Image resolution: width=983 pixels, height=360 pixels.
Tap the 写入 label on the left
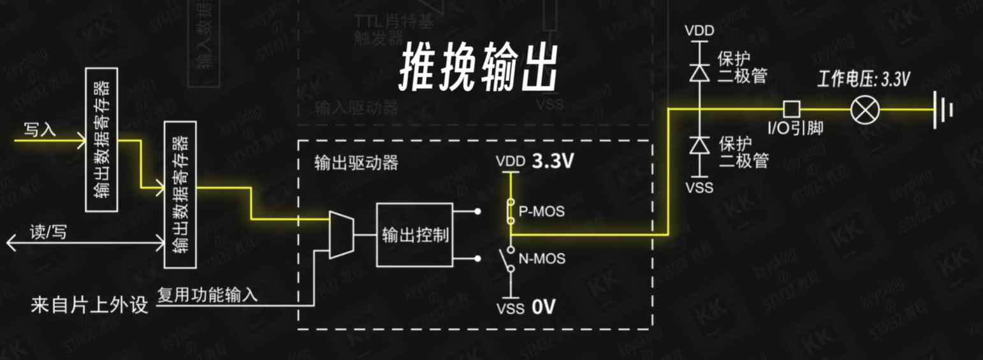pyautogui.click(x=40, y=131)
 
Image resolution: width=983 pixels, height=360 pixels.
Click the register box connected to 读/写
pyautogui.click(x=180, y=194)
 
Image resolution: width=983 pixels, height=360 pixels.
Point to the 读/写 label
pyautogui.click(x=48, y=233)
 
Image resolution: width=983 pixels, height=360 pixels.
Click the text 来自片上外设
pyautogui.click(x=89, y=305)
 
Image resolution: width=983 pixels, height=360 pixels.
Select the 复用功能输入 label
pyautogui.click(x=208, y=294)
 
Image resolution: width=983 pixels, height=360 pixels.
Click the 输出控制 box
pyautogui.click(x=414, y=235)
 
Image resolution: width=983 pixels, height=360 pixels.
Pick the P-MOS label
pyautogui.click(x=541, y=212)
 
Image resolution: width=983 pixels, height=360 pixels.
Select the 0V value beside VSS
pyautogui.click(x=544, y=308)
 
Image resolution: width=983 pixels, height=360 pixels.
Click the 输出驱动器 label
pyautogui.click(x=356, y=162)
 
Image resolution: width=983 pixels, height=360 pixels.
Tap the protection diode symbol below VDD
pyautogui.click(x=701, y=72)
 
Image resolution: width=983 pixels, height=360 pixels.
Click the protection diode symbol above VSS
pyautogui.click(x=701, y=145)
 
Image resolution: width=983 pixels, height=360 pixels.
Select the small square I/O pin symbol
pyautogui.click(x=791, y=108)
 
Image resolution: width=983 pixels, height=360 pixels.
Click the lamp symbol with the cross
pyautogui.click(x=865, y=110)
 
